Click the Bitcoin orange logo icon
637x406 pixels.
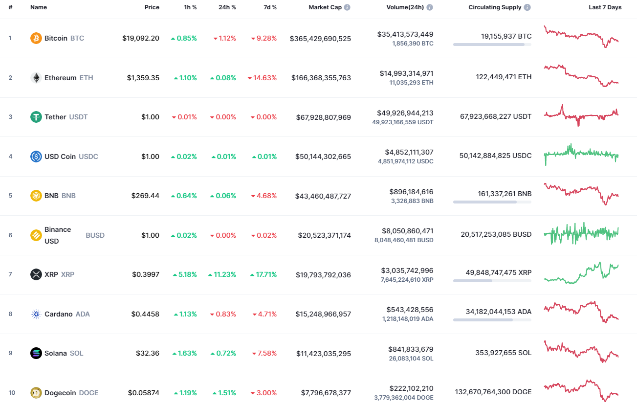[36, 38]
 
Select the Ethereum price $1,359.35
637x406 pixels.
[143, 78]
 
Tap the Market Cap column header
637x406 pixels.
[325, 7]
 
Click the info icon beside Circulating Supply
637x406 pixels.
[527, 7]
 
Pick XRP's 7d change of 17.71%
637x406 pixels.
[264, 274]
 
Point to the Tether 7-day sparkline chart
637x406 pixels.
[581, 115]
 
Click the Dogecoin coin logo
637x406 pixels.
[36, 393]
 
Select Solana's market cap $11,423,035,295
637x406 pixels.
[323, 353]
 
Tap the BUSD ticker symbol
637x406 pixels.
[95, 235]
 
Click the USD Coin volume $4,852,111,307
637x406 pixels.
[405, 152]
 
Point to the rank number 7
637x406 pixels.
[10, 274]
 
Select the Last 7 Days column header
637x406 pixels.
[605, 7]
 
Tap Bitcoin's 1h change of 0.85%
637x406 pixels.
[184, 38]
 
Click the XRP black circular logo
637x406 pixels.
[36, 274]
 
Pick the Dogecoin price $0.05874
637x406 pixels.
[144, 393]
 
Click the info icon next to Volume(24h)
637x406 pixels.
[429, 7]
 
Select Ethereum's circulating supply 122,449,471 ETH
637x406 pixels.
[504, 77]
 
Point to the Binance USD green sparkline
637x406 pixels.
[581, 234]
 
